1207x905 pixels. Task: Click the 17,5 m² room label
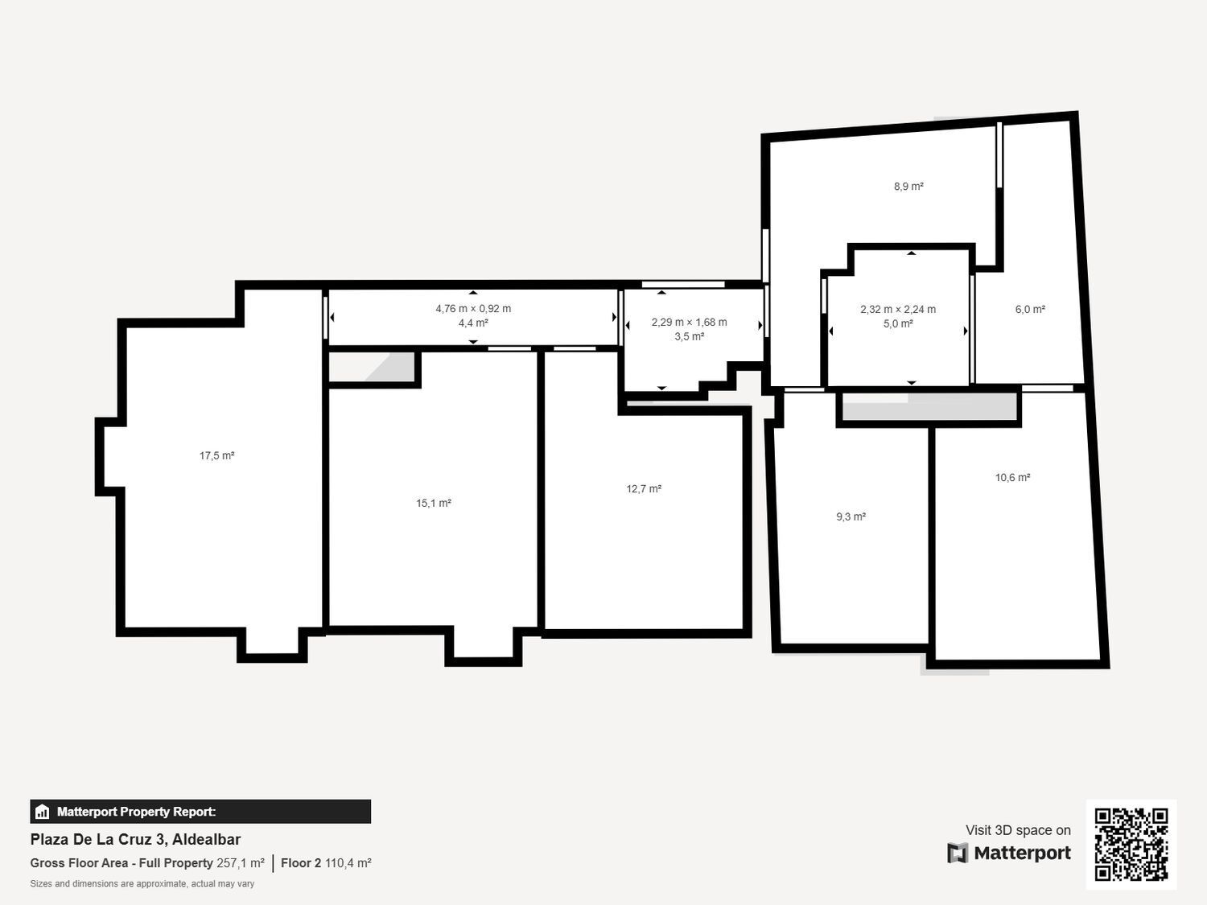tap(216, 456)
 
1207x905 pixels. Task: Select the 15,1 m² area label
tap(433, 504)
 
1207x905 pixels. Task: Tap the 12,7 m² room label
tap(644, 489)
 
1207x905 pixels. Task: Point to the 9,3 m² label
tap(851, 517)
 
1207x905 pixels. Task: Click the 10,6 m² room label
tap(1012, 478)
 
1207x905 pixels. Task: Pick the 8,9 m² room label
tap(908, 187)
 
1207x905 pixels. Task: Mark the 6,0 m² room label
tap(1030, 310)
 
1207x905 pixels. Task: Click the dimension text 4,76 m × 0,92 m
tap(473, 309)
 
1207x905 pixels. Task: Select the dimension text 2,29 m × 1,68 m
tap(689, 323)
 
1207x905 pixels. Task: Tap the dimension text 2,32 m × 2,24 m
tap(898, 310)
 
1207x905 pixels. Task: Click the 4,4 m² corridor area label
tap(473, 323)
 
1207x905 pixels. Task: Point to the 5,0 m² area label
tap(898, 324)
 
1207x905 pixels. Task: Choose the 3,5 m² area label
tap(689, 337)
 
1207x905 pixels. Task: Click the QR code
tap(1131, 844)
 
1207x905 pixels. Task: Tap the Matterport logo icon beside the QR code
tap(958, 853)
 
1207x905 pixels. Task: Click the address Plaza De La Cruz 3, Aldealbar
tap(135, 839)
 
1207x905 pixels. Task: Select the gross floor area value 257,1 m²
tap(241, 863)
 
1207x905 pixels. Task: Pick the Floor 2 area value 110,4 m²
tap(348, 863)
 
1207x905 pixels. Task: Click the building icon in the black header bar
tap(43, 812)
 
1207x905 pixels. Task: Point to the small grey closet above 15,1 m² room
tap(372, 367)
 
